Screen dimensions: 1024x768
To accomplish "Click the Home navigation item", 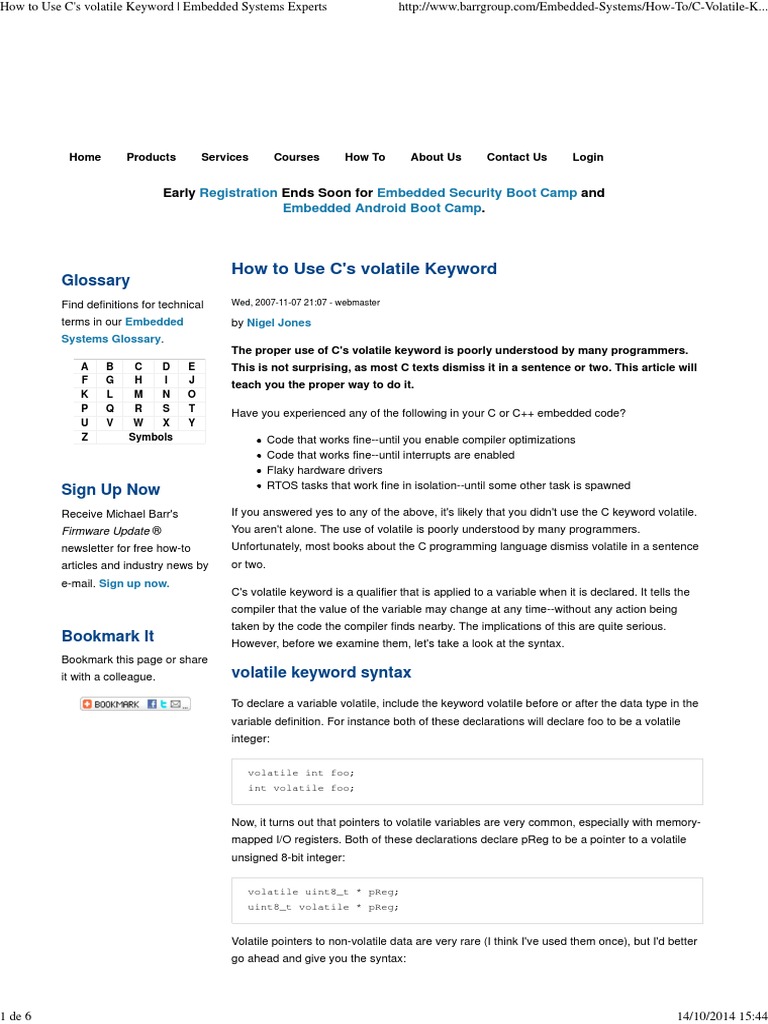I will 85,157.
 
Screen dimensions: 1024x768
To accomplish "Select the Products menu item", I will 151,157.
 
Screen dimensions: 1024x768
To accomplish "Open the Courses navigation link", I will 296,157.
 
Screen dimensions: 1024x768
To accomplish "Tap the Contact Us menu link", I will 516,157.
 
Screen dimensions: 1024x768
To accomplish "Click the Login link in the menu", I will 587,157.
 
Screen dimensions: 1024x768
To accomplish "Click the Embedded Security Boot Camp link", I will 477,192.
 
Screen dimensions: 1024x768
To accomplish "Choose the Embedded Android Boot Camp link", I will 382,208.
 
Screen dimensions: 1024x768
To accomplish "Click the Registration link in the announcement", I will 238,192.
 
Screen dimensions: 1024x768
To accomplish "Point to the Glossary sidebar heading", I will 96,280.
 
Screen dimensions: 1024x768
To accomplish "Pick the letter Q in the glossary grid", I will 110,409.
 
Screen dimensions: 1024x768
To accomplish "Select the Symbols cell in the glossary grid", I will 151,437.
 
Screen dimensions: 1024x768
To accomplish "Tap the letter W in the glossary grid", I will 138,423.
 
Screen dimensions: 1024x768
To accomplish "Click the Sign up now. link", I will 134,583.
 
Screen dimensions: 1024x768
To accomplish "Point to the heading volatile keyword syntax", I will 321,672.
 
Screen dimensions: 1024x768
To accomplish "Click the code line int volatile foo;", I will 301,788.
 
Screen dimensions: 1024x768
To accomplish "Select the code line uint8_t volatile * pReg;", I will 323,907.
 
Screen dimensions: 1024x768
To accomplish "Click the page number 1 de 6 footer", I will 17,1016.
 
